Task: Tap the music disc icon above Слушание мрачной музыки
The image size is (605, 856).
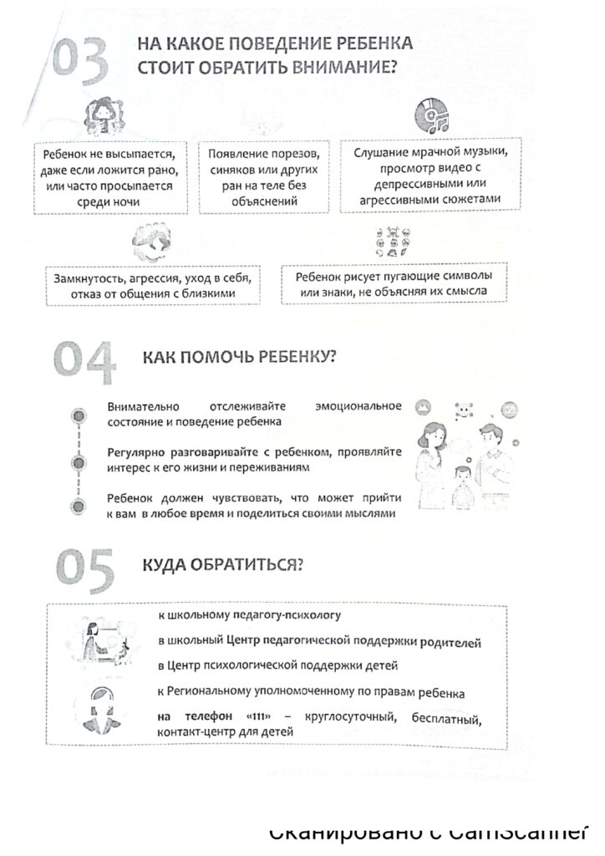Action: [x=432, y=117]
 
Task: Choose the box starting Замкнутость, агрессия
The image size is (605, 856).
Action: [x=151, y=285]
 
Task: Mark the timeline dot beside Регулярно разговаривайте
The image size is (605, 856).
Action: [x=78, y=461]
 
